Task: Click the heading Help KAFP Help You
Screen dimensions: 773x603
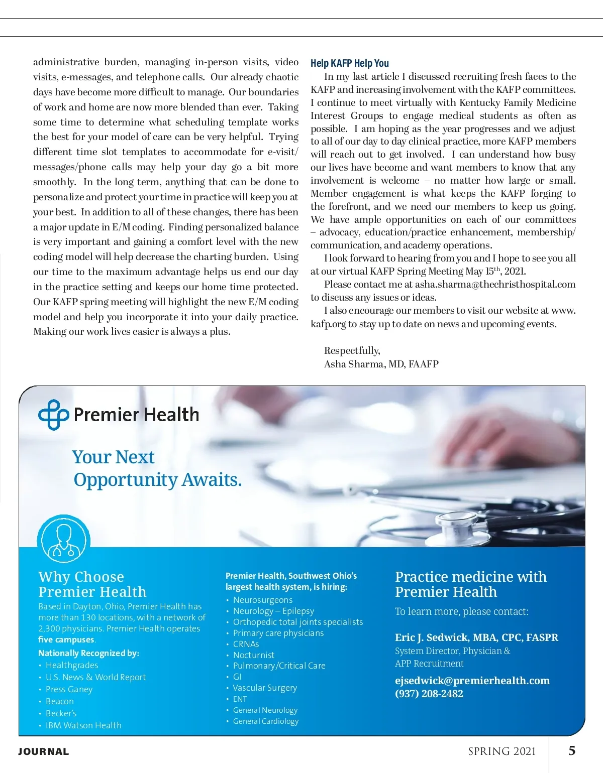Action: tap(349, 63)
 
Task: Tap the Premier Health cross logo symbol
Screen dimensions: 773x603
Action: tap(53, 415)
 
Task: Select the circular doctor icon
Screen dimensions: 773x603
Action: tap(63, 540)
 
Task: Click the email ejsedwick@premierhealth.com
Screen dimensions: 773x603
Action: tap(472, 681)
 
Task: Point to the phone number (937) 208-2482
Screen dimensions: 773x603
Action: tap(429, 694)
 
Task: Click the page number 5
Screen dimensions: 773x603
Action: tap(572, 751)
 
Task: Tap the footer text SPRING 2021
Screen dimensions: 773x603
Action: tap(501, 751)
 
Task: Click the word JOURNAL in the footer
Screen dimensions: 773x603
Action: tap(44, 752)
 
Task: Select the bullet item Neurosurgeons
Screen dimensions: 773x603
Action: tap(262, 600)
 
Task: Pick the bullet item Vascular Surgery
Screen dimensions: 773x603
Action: tap(264, 688)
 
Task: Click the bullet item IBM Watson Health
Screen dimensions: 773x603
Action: tap(83, 725)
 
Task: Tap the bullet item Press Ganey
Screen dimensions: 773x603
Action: tap(69, 689)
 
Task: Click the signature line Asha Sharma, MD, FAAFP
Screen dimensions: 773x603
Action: tap(381, 364)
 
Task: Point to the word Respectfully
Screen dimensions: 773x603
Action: tap(352, 350)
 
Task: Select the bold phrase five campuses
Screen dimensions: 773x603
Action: tap(66, 639)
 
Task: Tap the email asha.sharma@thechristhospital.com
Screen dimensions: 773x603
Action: tap(495, 285)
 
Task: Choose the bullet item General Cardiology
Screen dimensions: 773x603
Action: tap(265, 721)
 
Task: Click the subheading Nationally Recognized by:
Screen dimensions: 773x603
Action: tap(88, 653)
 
